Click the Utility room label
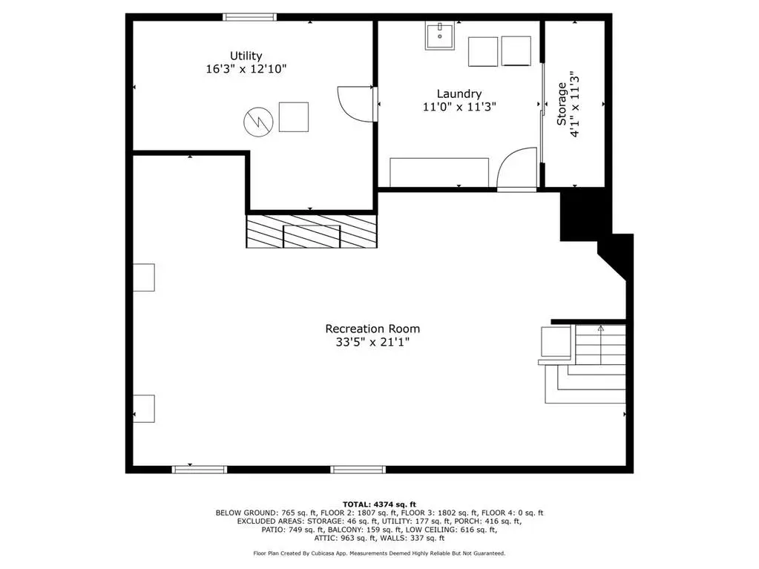246,56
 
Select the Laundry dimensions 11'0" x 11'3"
459,106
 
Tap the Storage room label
562,104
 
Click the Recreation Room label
372,329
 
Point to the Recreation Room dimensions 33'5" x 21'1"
372,342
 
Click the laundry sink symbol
439,36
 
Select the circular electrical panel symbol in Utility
258,122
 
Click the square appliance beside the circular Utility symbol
294,117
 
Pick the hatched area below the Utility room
312,231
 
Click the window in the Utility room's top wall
250,17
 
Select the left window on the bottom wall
200,470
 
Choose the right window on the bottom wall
358,470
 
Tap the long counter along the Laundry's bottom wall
439,172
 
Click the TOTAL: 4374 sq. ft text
379,504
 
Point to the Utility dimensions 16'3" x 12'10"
246,69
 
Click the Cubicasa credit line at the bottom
379,553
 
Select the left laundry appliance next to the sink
483,52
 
